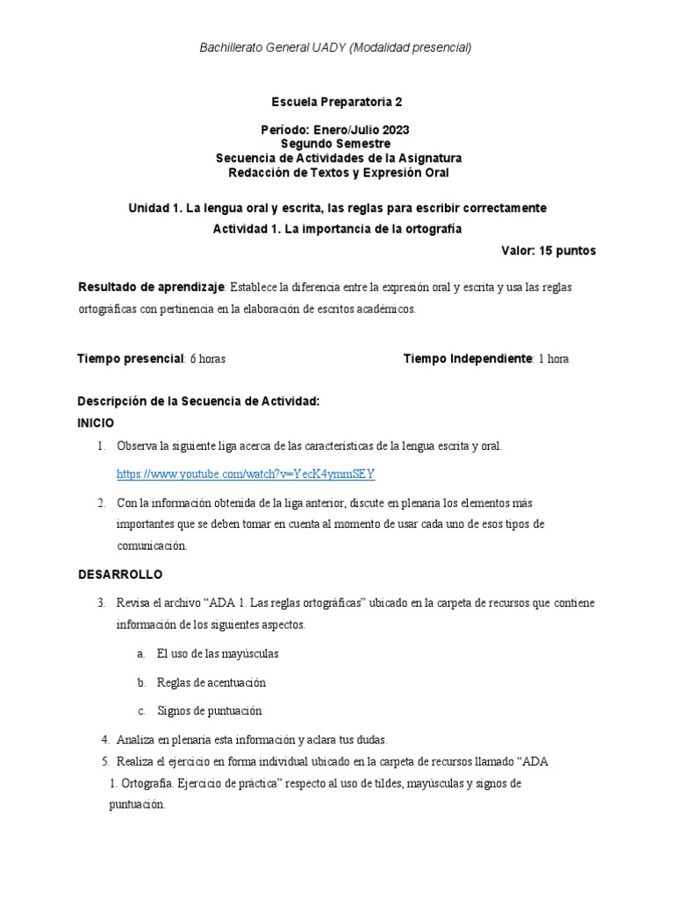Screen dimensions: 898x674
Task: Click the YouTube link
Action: (246, 474)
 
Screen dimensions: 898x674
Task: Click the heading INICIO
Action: (96, 423)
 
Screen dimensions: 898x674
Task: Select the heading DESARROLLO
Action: (120, 574)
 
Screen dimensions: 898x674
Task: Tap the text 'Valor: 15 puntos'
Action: (548, 251)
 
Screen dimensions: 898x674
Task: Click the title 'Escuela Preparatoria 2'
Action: (337, 102)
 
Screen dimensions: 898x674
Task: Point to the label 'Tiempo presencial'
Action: (131, 359)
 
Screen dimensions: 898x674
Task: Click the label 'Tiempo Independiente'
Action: (468, 359)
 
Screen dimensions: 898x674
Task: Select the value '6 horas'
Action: (208, 359)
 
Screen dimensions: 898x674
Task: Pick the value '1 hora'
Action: (554, 359)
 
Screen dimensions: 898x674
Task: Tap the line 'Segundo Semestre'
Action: (337, 144)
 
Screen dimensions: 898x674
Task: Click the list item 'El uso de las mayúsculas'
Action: (218, 654)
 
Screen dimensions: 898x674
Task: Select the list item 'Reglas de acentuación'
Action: (211, 682)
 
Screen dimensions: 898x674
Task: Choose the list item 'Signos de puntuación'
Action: (209, 710)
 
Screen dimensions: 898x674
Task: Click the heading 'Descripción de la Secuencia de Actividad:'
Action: (198, 402)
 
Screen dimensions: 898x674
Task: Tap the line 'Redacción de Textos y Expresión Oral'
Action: (338, 173)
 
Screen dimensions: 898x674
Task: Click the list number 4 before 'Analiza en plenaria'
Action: (105, 739)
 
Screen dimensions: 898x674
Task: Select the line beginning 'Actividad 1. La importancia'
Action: (337, 229)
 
